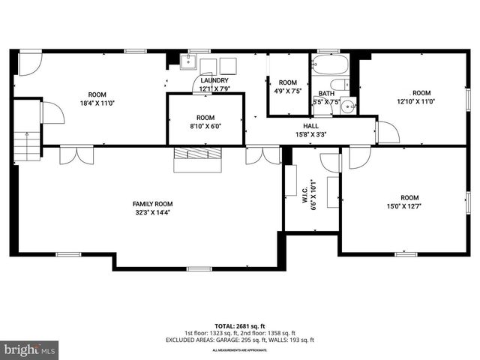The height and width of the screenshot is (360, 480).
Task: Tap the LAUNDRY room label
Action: tap(214, 80)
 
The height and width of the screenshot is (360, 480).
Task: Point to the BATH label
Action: tap(326, 93)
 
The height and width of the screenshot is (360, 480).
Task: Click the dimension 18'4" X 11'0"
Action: tap(97, 103)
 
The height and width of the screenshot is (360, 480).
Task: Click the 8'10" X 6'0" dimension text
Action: tap(205, 127)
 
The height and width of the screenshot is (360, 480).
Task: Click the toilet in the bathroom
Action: tap(339, 84)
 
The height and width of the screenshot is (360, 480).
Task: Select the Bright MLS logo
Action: tap(30, 350)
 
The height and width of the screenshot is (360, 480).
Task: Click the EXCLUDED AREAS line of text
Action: tap(240, 340)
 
